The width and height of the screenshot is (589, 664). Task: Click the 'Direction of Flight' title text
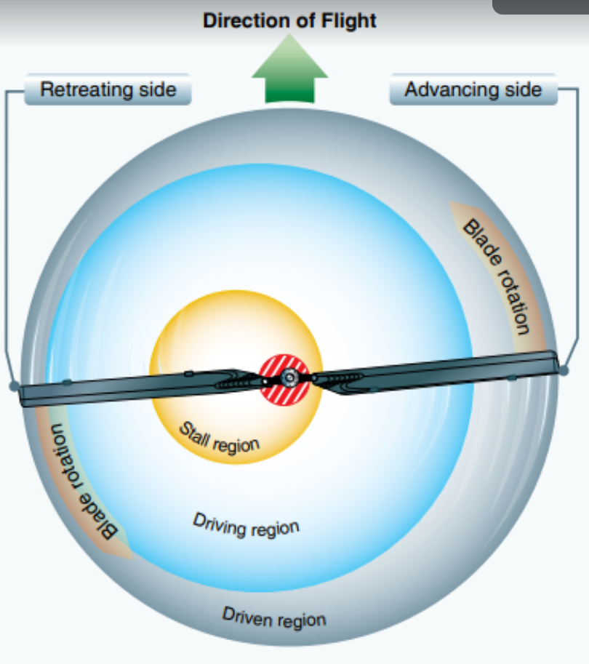tap(289, 20)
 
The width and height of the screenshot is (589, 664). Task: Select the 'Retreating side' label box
tap(108, 90)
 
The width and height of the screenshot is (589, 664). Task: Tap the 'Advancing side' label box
tap(473, 90)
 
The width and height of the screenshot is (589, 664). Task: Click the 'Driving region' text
tap(246, 525)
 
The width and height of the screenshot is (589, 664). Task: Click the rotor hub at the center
tap(289, 377)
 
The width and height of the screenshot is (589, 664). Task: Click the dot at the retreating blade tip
tap(14, 386)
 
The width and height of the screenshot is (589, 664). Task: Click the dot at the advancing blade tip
tap(564, 370)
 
